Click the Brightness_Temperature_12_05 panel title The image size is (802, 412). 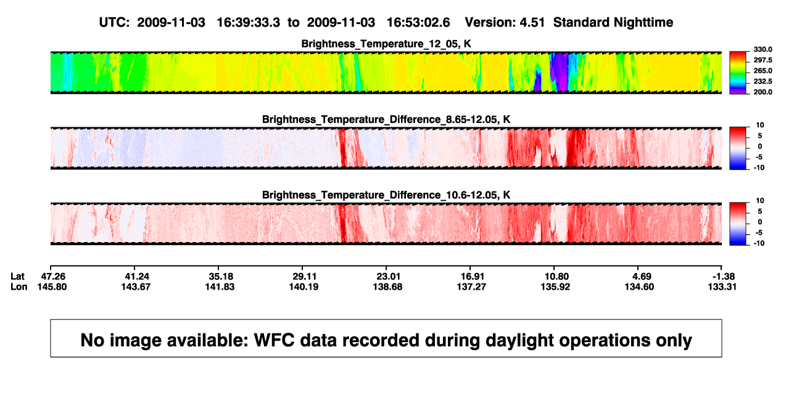[x=386, y=44]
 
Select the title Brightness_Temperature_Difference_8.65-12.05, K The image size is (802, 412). [x=386, y=119]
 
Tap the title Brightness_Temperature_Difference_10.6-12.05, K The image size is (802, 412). [x=386, y=195]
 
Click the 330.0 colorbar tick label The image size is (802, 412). [x=763, y=49]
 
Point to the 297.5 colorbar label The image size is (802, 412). [x=763, y=60]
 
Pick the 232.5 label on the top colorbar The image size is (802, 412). [x=763, y=82]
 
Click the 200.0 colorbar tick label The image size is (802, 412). [x=763, y=92]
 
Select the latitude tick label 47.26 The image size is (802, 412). [x=53, y=277]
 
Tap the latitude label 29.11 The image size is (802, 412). [x=304, y=277]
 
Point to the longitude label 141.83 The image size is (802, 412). [x=220, y=287]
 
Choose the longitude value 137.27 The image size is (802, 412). [x=471, y=287]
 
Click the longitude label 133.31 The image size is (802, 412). [x=722, y=287]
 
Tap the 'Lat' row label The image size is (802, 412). [x=17, y=277]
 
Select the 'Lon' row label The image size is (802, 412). [x=19, y=287]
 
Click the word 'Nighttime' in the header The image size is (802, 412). [x=643, y=23]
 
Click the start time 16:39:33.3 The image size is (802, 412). [x=249, y=23]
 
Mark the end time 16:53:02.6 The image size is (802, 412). [x=418, y=23]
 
